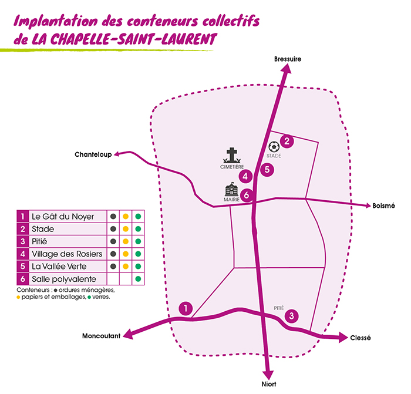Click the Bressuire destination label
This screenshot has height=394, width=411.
pyautogui.click(x=288, y=59)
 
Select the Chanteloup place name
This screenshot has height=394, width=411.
pyautogui.click(x=93, y=155)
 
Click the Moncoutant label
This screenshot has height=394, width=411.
pyautogui.click(x=101, y=336)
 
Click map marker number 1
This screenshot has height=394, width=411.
pyautogui.click(x=186, y=308)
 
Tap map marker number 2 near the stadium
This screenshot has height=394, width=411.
pyautogui.click(x=287, y=141)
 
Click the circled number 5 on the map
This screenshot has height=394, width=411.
pyautogui.click(x=267, y=170)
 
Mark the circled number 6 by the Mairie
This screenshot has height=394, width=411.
pyautogui.click(x=247, y=195)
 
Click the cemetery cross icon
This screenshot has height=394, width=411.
pyautogui.click(x=233, y=156)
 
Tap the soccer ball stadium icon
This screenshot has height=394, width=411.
pyautogui.click(x=274, y=146)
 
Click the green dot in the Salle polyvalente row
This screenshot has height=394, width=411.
pyautogui.click(x=138, y=278)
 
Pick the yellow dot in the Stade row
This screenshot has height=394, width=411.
pyautogui.click(x=125, y=229)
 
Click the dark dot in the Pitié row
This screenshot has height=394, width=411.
pyautogui.click(x=112, y=241)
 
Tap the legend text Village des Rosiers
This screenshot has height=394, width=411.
pyautogui.click(x=67, y=254)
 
